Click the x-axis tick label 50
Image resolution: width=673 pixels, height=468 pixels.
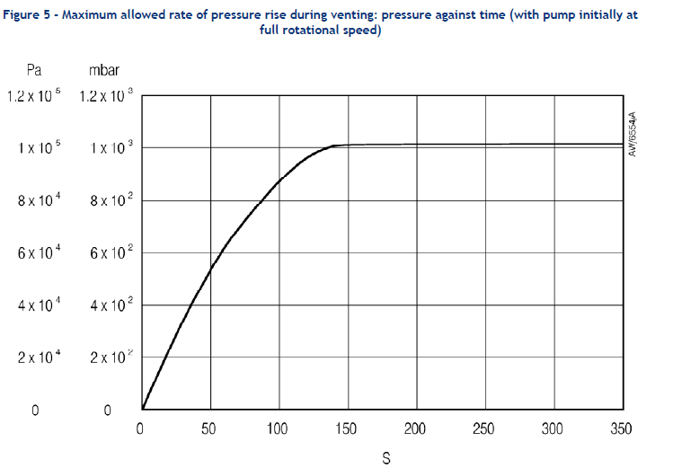pyautogui.click(x=209, y=429)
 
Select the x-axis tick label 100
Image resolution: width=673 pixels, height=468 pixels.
pyautogui.click(x=277, y=429)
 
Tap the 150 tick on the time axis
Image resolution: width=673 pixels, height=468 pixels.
pyautogui.click(x=346, y=429)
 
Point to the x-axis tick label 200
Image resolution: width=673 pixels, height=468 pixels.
pyautogui.click(x=414, y=429)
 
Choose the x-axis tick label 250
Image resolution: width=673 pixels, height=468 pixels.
pyautogui.click(x=483, y=429)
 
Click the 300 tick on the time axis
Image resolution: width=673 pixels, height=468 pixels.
pyautogui.click(x=552, y=429)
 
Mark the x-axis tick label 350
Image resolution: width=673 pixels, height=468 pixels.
pyautogui.click(x=621, y=429)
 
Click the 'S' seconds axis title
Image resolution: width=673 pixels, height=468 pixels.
pyautogui.click(x=386, y=458)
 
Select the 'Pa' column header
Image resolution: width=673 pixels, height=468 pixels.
pyautogui.click(x=34, y=68)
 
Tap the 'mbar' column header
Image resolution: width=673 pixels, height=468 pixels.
pyautogui.click(x=104, y=68)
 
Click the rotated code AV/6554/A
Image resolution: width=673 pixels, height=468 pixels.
pyautogui.click(x=633, y=135)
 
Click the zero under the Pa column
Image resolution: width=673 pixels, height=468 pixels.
pyautogui.click(x=34, y=411)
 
